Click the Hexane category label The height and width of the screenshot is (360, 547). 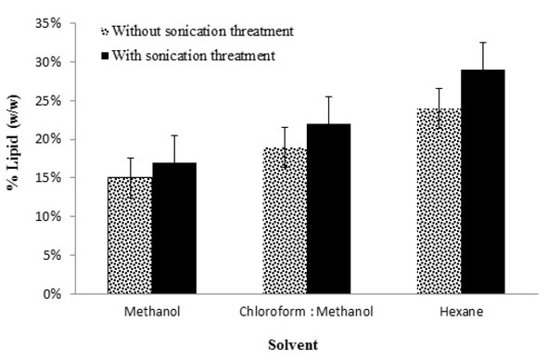(462, 312)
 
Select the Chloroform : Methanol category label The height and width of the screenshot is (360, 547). (307, 312)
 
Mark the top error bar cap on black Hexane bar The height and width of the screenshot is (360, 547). (484, 42)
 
